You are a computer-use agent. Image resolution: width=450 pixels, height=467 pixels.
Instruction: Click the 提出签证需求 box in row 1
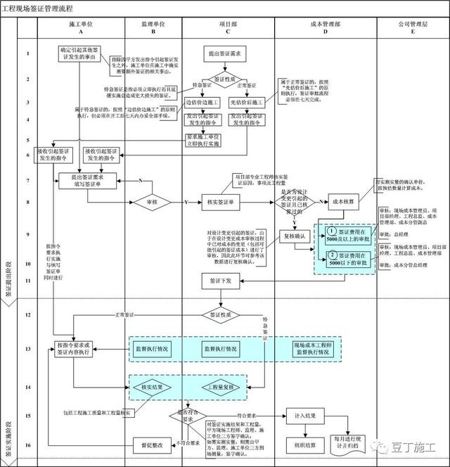(x=224, y=54)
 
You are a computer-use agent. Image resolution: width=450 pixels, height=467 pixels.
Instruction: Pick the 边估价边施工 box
(x=202, y=103)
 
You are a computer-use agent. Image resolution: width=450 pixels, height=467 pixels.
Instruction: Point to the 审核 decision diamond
(x=153, y=203)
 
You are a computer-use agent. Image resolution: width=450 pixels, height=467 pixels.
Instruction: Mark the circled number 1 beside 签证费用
(x=331, y=232)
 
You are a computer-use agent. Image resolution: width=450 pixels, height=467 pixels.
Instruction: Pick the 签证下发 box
(x=224, y=281)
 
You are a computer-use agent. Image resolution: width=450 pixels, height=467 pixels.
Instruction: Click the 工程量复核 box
(x=224, y=387)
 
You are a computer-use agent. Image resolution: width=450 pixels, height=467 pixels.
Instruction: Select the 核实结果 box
(x=153, y=387)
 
